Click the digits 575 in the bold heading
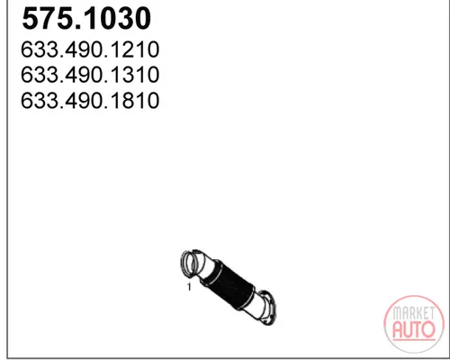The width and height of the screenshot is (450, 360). [44, 19]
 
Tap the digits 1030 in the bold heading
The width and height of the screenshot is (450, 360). [112, 19]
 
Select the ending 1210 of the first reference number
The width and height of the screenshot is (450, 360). [136, 49]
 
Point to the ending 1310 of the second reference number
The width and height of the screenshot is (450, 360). [136, 75]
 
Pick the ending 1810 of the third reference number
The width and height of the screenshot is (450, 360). [136, 100]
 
